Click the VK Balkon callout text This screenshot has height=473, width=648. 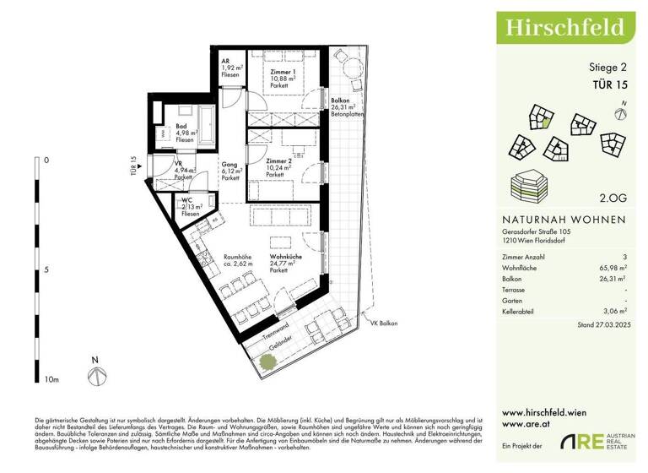(x=383, y=323)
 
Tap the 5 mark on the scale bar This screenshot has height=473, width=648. (x=46, y=270)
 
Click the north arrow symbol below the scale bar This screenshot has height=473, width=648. (x=95, y=369)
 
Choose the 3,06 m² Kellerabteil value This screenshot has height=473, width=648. (x=613, y=312)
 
